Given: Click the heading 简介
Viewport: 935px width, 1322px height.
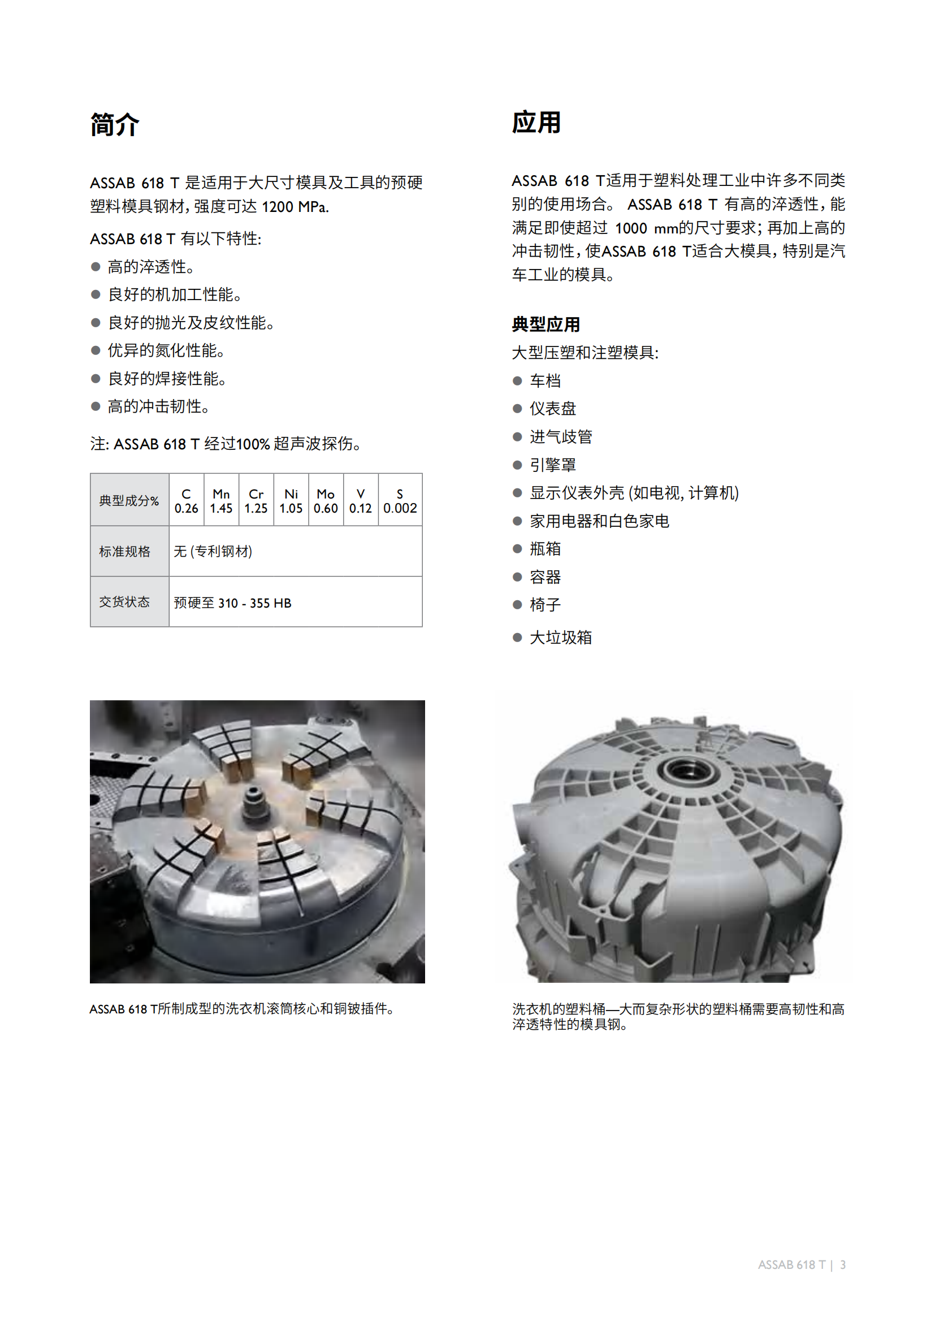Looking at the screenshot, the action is pyautogui.click(x=115, y=124).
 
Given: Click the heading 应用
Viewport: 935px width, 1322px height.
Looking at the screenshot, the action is pyautogui.click(x=536, y=122).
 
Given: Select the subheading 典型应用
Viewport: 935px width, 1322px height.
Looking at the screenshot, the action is pyautogui.click(x=546, y=324).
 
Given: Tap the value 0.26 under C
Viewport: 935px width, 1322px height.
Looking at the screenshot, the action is pyautogui.click(x=187, y=509).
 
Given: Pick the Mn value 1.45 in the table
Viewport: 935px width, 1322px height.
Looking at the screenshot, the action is pyautogui.click(x=221, y=509).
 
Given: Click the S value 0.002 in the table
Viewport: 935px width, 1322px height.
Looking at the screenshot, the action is pyautogui.click(x=400, y=509).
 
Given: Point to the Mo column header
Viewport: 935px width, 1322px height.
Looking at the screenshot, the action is pyautogui.click(x=326, y=494).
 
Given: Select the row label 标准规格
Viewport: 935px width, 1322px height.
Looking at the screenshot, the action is pyautogui.click(x=124, y=552).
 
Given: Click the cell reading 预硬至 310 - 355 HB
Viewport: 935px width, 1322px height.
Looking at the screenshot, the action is pyautogui.click(x=232, y=603).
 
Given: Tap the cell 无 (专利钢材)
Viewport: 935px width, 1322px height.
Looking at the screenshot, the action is pyautogui.click(x=213, y=552).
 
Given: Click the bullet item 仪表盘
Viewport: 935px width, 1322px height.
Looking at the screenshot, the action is pyautogui.click(x=553, y=408).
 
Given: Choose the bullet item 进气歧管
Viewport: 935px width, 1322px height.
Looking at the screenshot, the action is pyautogui.click(x=561, y=436).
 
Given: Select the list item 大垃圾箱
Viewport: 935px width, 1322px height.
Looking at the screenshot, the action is pyautogui.click(x=561, y=638).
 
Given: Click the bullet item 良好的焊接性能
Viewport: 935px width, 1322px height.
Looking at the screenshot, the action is pyautogui.click(x=167, y=378).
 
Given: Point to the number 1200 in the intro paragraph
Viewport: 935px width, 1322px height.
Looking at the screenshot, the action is pyautogui.click(x=278, y=207).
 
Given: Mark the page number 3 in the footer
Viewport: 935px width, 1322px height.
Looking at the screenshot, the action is pyautogui.click(x=843, y=1265).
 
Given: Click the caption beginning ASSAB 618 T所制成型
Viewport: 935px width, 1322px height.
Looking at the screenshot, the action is pyautogui.click(x=242, y=1009).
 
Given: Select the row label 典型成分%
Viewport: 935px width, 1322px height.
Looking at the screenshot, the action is pyautogui.click(x=129, y=500).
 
